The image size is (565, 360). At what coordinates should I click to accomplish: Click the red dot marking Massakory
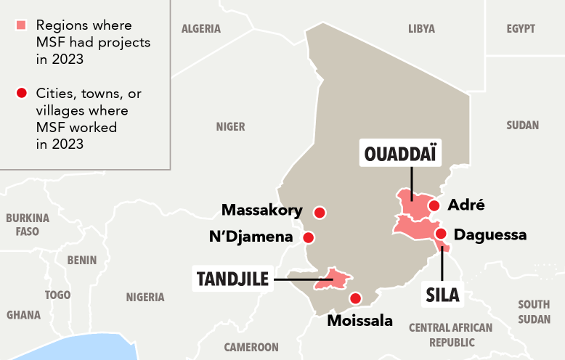click(x=319, y=213)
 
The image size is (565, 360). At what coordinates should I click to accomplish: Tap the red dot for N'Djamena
click(x=309, y=237)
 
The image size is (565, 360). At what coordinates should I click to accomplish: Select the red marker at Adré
click(x=434, y=205)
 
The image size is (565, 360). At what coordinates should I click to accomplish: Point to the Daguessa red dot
click(x=441, y=234)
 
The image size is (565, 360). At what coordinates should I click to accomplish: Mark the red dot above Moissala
click(x=355, y=298)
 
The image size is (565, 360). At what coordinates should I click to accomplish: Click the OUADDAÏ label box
click(x=403, y=154)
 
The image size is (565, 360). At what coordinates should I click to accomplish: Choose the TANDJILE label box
click(x=232, y=278)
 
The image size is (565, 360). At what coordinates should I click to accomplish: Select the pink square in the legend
click(x=21, y=26)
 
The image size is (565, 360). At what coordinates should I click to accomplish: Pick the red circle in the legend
click(x=21, y=93)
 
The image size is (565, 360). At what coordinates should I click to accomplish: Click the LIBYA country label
click(x=421, y=29)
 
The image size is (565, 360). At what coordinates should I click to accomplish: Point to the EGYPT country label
click(x=521, y=29)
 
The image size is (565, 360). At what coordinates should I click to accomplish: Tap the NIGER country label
click(x=230, y=127)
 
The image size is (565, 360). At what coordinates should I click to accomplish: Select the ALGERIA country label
click(x=201, y=29)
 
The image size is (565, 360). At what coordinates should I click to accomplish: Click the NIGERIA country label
click(x=145, y=297)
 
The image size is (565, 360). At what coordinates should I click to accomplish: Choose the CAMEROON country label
click(x=251, y=347)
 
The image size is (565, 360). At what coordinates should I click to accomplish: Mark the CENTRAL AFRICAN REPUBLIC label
click(x=451, y=335)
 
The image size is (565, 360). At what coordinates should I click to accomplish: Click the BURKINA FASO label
click(x=28, y=224)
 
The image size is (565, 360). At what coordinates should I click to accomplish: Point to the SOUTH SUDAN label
click(x=534, y=311)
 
